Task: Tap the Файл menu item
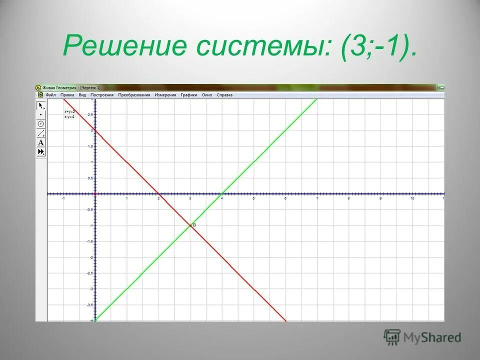[50, 94]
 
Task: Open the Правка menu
[67, 94]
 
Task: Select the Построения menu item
[102, 94]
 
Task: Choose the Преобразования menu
[134, 94]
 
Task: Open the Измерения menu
[165, 94]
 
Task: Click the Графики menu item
[189, 94]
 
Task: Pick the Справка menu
[225, 94]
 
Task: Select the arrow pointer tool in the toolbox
[41, 105]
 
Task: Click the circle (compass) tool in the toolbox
[41, 124]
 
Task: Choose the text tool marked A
[41, 142]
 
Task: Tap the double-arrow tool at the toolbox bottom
[41, 151]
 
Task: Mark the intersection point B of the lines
[190, 225]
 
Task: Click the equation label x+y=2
[69, 111]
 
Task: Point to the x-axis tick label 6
[285, 199]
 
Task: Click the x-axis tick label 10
[412, 199]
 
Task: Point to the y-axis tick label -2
[91, 257]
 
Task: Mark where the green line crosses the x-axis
[222, 194]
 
